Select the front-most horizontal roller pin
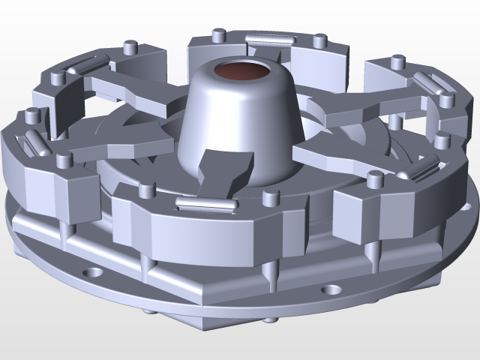click(x=202, y=202)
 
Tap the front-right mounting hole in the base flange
click(x=331, y=289)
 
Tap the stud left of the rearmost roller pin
click(x=218, y=34)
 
